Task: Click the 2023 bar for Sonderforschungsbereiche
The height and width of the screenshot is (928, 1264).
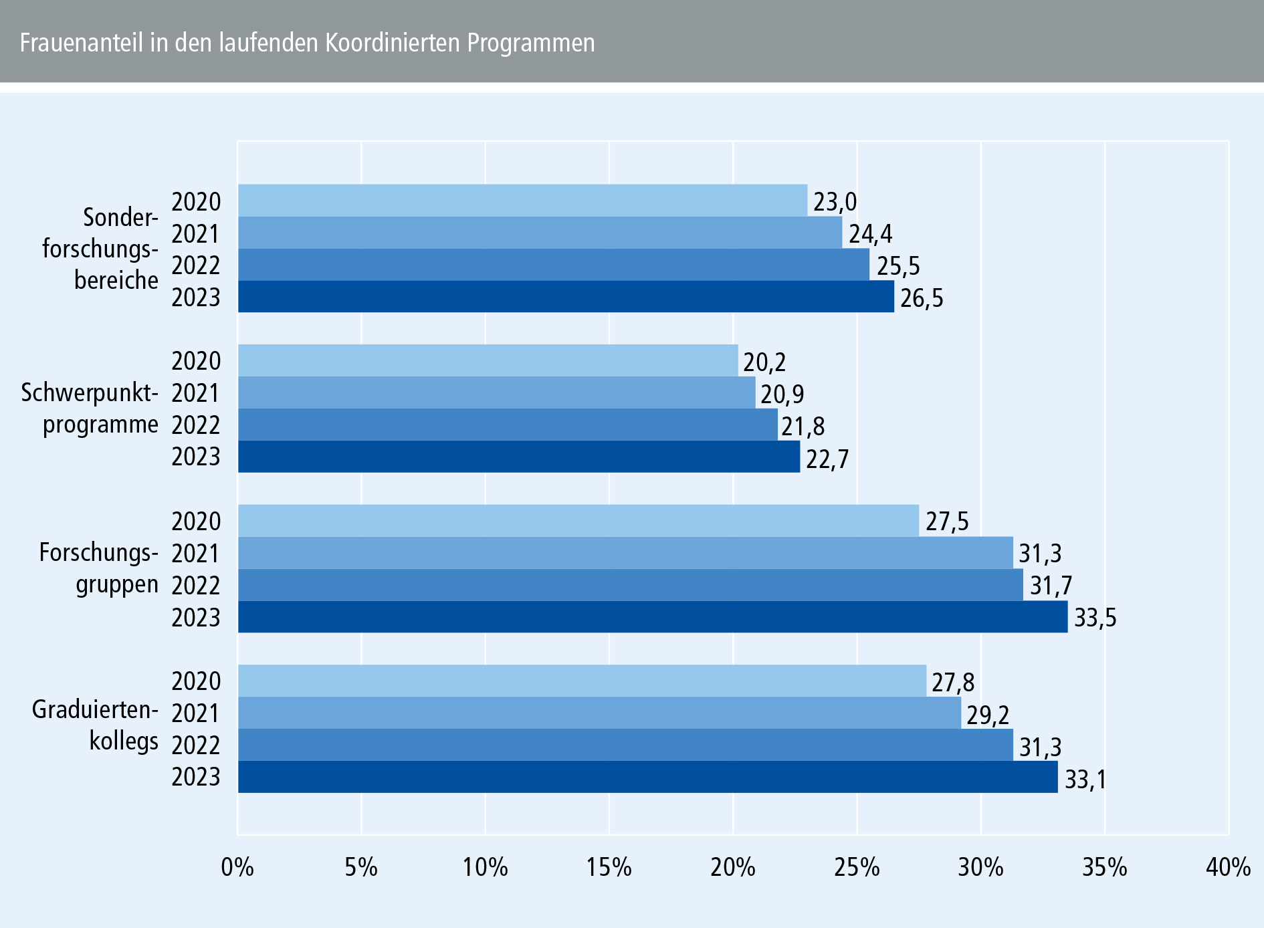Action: coord(566,296)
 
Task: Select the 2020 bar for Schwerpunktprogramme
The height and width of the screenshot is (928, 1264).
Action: coord(488,360)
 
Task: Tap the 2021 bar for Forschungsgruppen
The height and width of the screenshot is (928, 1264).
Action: coord(625,553)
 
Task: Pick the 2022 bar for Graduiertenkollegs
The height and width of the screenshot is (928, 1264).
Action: coord(625,745)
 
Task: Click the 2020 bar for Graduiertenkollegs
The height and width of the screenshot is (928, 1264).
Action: coord(582,681)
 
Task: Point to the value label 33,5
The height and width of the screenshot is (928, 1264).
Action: coord(1095,618)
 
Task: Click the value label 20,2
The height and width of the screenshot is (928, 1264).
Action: coord(764,362)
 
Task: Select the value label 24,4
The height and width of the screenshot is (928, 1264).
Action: coord(870,234)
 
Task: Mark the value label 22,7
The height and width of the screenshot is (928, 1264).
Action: coord(827,459)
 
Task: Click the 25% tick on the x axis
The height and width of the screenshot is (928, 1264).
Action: coord(857,867)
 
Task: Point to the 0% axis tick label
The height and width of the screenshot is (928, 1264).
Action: coord(237,867)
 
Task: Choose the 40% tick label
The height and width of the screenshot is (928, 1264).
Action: coord(1228,867)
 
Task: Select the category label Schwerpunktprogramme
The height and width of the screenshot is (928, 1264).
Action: coord(90,408)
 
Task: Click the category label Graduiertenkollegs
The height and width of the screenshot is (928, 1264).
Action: coord(95,725)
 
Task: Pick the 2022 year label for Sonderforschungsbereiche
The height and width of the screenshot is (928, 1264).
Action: coord(196,265)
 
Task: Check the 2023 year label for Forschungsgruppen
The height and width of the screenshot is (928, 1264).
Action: coord(196,617)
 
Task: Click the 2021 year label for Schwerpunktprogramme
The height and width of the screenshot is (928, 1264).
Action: coord(196,393)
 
